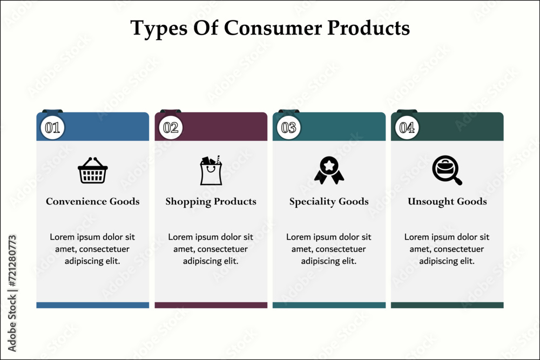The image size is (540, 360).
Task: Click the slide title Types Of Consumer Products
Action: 270,28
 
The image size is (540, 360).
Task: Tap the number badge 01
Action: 52,128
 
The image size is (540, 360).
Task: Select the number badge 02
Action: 171,128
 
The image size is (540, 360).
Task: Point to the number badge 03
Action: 288,128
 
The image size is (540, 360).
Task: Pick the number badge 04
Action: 407,128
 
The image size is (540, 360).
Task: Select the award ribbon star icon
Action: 329,171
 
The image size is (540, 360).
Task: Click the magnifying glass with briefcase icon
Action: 447,171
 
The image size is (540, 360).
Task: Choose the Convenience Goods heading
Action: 93,201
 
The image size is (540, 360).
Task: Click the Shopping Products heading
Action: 211,201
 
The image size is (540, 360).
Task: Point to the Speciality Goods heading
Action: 329,201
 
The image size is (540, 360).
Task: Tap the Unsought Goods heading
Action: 447,201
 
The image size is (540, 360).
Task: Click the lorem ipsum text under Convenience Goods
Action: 93,249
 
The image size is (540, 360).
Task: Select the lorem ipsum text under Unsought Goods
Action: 447,249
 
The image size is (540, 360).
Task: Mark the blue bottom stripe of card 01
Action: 93,305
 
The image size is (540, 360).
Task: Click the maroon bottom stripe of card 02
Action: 211,305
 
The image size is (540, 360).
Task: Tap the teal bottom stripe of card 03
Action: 329,305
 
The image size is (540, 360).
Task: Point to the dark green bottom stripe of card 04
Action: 447,305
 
